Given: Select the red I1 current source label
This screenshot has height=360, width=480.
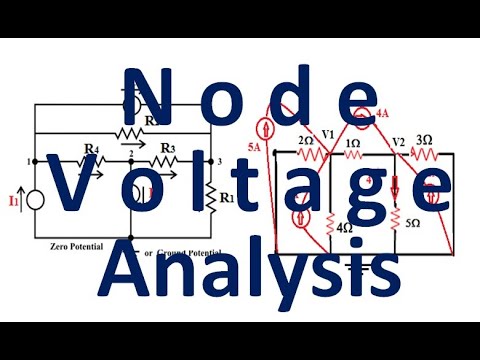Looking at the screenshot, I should tap(15, 203).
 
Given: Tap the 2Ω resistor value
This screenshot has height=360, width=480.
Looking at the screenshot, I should tap(307, 140).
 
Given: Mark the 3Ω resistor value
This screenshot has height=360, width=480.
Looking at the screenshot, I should tap(423, 140).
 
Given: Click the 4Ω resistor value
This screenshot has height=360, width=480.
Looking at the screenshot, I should tap(344, 228).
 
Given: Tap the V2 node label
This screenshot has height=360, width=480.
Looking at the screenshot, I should tap(397, 140).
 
